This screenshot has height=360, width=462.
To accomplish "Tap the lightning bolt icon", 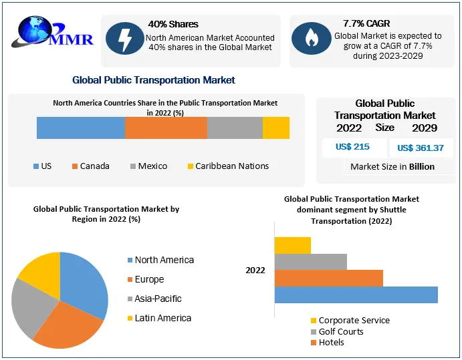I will [x=124, y=39].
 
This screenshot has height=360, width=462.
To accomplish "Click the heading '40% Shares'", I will [x=173, y=25].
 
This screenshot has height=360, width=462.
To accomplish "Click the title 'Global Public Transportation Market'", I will [x=154, y=80].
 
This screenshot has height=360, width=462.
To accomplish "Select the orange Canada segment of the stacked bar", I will [x=166, y=128].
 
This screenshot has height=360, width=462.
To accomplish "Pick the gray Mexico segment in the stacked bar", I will [x=235, y=128].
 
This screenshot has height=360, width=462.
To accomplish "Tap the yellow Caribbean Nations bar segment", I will [x=275, y=128].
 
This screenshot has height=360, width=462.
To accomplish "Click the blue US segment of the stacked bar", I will [x=80, y=128].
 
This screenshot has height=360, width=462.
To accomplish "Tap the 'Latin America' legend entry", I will [x=162, y=318].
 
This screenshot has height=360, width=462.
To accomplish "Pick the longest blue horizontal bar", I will [x=356, y=295].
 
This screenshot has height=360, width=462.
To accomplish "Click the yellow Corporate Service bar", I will [x=292, y=245].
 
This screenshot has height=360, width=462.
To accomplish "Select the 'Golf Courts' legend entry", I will [x=340, y=331].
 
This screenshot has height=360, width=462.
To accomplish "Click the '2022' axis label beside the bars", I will [x=255, y=270].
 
